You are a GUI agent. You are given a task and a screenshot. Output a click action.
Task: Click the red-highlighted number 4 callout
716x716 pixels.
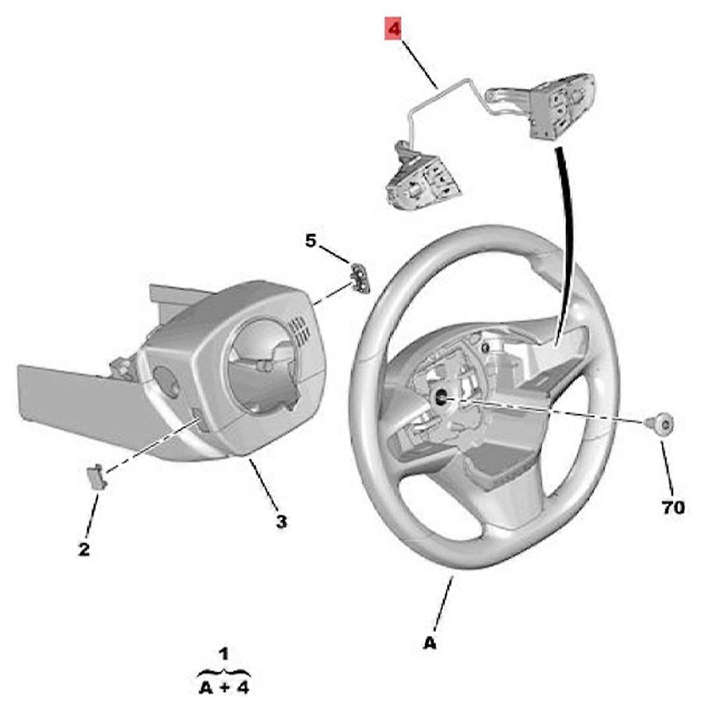[x=394, y=29]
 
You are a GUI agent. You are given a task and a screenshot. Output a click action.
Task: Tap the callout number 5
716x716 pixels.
[x=310, y=241]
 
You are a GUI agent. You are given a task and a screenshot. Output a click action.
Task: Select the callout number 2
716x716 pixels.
[x=84, y=549]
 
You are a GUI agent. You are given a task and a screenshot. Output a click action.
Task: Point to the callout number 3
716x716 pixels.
[x=281, y=521]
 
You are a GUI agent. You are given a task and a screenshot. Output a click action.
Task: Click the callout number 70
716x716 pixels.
[x=673, y=508]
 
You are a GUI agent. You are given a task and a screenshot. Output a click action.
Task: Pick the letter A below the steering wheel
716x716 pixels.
[x=430, y=644]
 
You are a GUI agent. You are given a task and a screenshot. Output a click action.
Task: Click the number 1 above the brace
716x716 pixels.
[x=224, y=655]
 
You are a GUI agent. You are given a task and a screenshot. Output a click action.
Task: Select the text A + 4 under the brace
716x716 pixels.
[x=224, y=687]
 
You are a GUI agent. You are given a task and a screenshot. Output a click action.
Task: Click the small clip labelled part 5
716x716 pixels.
[x=360, y=278]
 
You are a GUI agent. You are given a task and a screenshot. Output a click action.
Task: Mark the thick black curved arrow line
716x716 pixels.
[x=565, y=239]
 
